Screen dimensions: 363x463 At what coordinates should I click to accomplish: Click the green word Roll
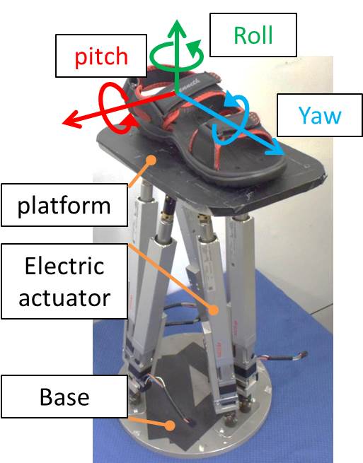[253, 35]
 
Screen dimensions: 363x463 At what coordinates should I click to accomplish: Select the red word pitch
[101, 57]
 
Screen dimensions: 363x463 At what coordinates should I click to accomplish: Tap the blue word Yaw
[320, 115]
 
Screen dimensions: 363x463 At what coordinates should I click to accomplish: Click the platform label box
[64, 205]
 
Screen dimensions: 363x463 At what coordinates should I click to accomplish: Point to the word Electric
[64, 266]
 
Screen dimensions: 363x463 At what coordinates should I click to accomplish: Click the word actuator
[64, 298]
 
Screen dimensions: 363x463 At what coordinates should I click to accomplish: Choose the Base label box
[64, 397]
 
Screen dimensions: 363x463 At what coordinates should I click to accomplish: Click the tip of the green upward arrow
[176, 20]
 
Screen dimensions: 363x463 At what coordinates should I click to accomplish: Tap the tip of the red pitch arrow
[63, 123]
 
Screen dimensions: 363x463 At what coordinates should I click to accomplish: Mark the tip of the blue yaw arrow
[284, 154]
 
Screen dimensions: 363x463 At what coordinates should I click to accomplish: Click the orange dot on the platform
[151, 160]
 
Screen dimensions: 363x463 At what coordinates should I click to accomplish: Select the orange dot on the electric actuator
[214, 310]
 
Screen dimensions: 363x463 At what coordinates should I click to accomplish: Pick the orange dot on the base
[169, 426]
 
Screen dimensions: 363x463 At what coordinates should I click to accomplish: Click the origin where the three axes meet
[176, 93]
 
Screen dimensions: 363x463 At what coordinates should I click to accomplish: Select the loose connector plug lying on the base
[191, 422]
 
